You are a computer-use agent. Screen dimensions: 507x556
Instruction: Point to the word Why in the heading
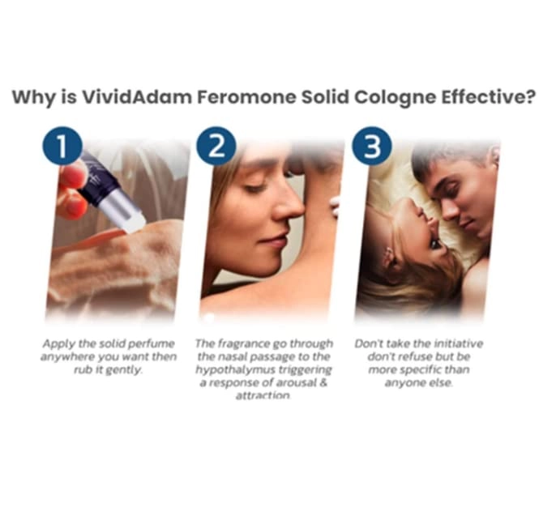[x=29, y=97]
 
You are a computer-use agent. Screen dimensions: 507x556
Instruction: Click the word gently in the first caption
[x=128, y=369]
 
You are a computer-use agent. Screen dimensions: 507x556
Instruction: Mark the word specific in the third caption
[x=427, y=369]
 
